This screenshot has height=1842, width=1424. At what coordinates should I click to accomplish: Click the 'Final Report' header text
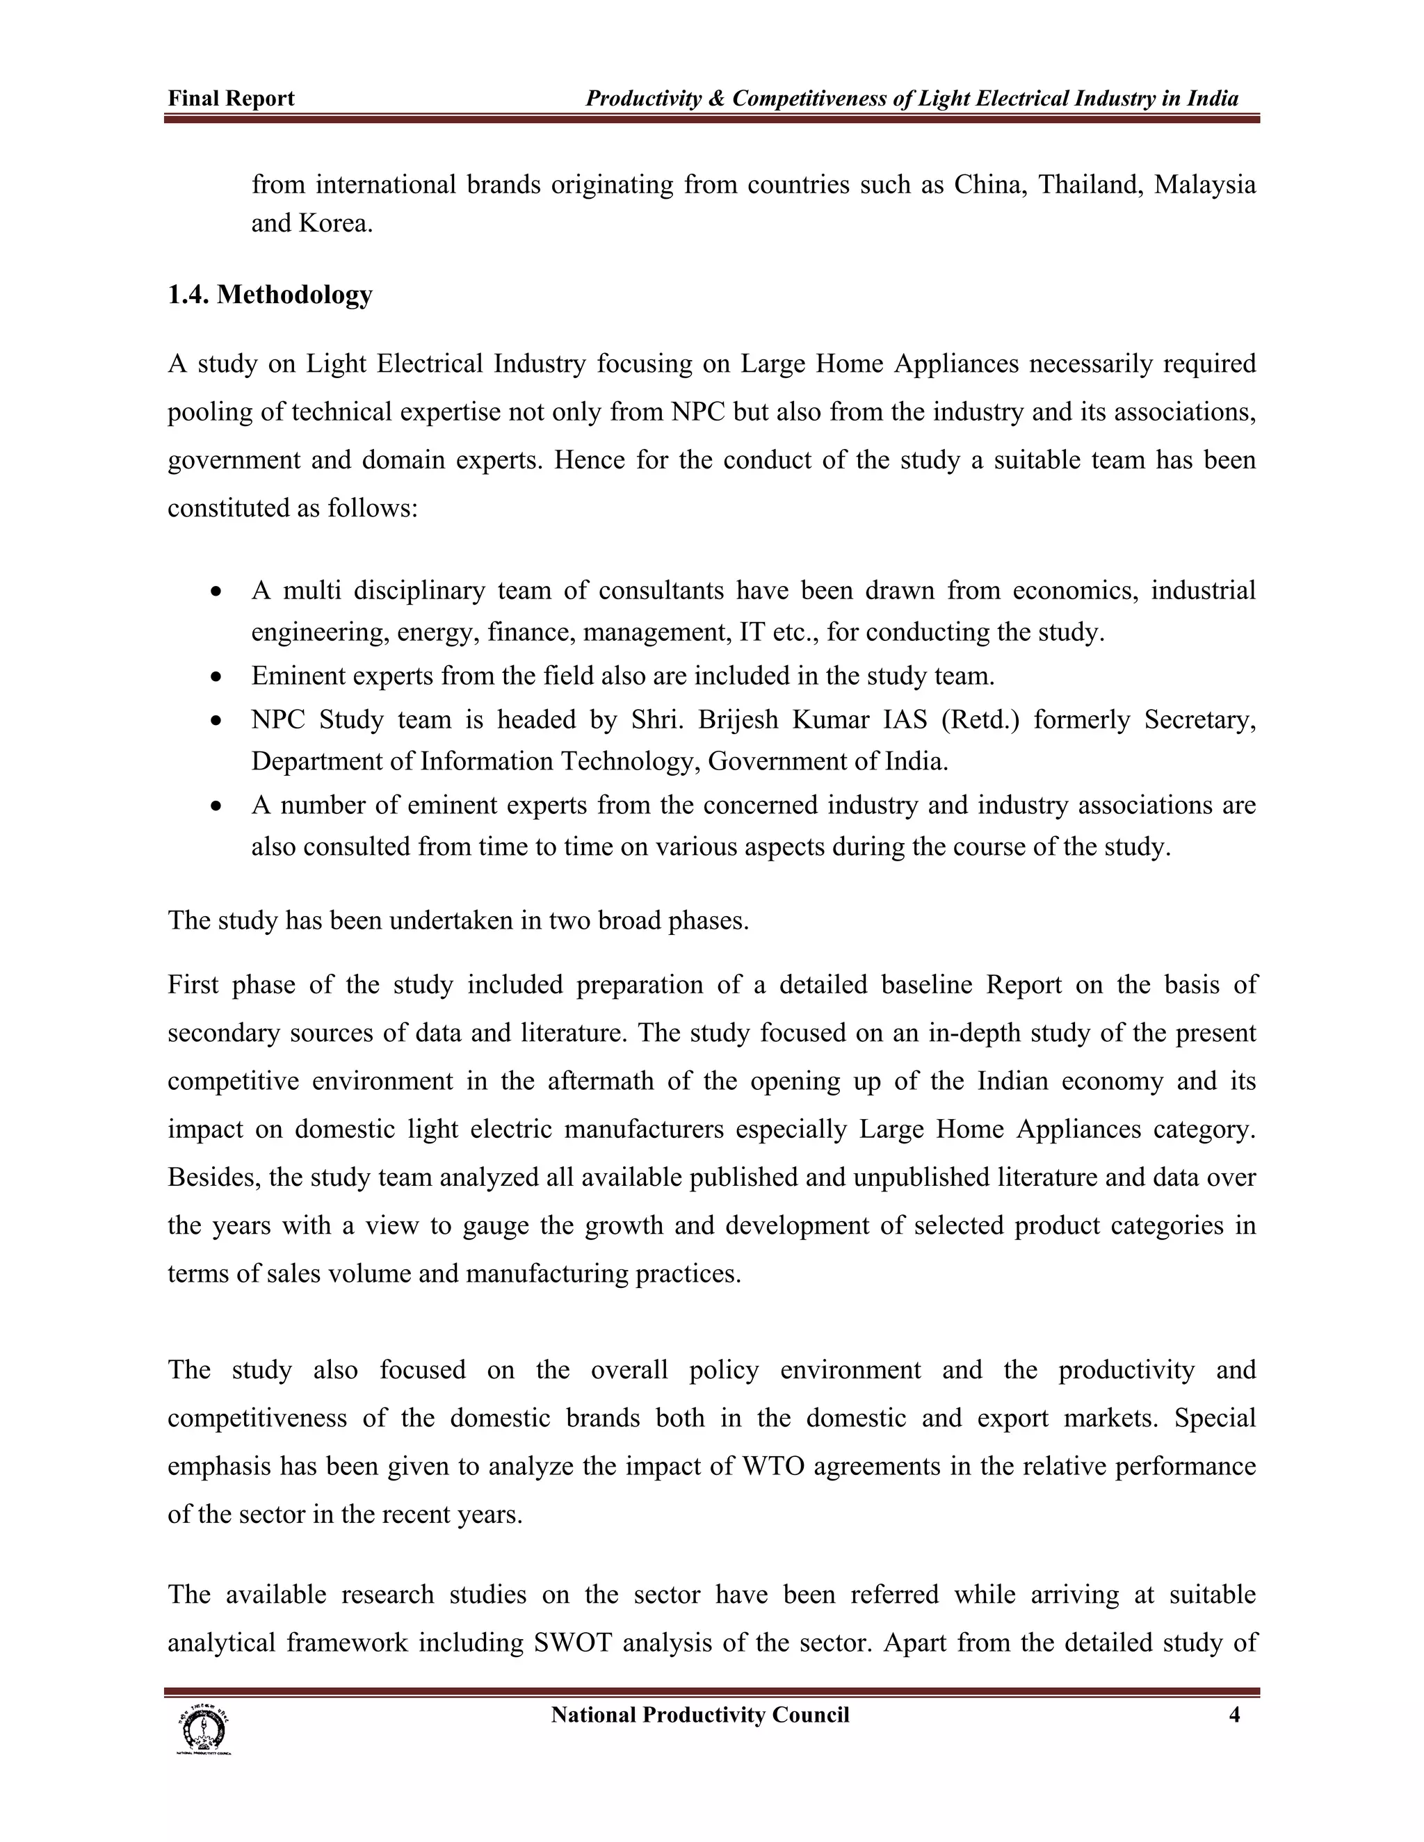click(231, 99)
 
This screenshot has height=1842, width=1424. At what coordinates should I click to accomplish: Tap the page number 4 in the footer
click(1234, 1715)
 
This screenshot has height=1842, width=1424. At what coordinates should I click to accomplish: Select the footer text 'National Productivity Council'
click(699, 1715)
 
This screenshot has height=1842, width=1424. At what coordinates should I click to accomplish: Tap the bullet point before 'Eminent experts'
click(218, 676)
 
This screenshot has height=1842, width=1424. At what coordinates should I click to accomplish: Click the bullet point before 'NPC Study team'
click(218, 720)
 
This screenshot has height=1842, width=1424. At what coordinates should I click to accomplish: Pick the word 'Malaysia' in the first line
click(1205, 184)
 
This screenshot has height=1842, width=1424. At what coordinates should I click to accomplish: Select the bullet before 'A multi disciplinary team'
click(218, 592)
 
